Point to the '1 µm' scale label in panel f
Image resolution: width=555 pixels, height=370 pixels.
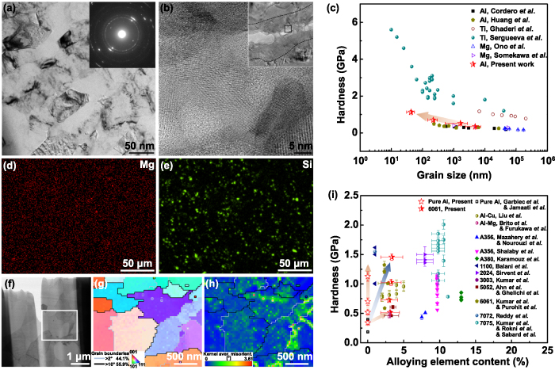pyautogui.click(x=70, y=355)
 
